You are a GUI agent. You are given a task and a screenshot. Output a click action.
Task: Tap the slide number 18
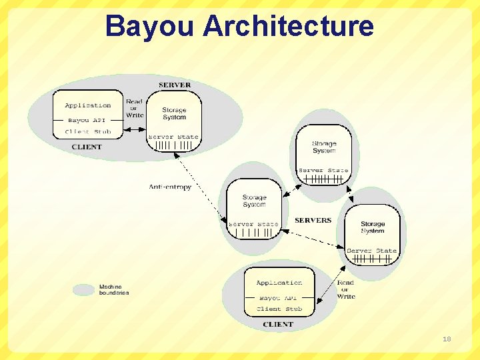(447, 339)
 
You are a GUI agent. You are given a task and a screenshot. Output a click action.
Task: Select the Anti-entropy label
(170, 187)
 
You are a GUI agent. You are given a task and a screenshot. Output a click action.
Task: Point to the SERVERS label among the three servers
(313, 220)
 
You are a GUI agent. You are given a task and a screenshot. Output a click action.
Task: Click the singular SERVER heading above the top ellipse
(175, 85)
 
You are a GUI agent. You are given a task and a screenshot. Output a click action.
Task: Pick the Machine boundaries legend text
(114, 290)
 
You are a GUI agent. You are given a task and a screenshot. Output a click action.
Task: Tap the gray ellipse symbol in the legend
(83, 290)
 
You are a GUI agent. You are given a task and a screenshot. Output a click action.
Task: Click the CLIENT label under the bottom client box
(278, 325)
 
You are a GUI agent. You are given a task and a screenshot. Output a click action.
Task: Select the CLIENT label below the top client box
(87, 147)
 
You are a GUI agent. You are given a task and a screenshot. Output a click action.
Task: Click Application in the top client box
(88, 105)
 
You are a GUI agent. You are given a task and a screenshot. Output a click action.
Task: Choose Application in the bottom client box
(279, 283)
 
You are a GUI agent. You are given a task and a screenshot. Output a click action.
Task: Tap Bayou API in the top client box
(87, 120)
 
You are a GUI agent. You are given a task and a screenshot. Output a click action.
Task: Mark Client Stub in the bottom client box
(279, 309)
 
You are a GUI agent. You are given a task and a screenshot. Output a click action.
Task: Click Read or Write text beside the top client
(135, 108)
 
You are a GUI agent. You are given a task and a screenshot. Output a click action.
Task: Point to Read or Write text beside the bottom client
(346, 289)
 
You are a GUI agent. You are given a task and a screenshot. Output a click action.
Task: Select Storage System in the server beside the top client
(174, 113)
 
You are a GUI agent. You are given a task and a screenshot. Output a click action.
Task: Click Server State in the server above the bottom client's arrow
(372, 251)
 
